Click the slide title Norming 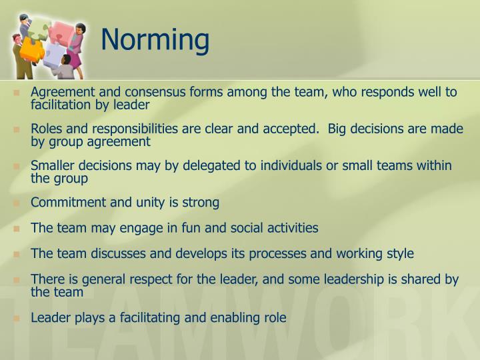155,39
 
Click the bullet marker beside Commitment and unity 17,203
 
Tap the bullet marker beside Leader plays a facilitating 17,318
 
